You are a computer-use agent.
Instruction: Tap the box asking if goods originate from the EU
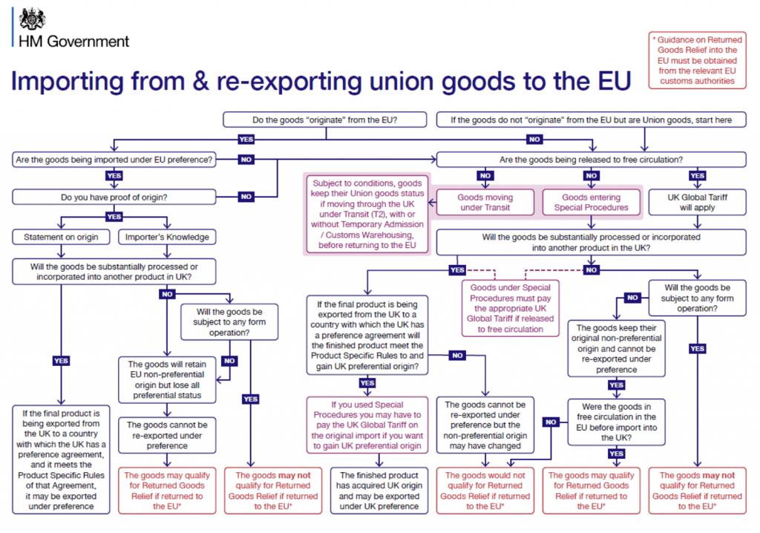click(325, 120)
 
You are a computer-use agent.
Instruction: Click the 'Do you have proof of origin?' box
click(114, 197)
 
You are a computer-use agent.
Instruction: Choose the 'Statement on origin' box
click(62, 237)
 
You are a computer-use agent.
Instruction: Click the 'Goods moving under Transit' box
click(485, 203)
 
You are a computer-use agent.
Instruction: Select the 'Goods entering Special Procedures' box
click(591, 203)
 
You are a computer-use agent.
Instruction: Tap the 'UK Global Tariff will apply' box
click(696, 203)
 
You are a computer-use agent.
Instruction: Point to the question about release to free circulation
click(592, 159)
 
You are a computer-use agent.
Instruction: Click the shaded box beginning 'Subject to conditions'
click(367, 214)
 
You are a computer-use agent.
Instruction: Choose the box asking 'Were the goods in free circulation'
click(616, 422)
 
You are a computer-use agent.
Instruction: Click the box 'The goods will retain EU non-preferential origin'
click(166, 380)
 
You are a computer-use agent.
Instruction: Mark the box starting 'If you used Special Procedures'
click(367, 425)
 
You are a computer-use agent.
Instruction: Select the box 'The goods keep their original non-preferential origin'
click(616, 348)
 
